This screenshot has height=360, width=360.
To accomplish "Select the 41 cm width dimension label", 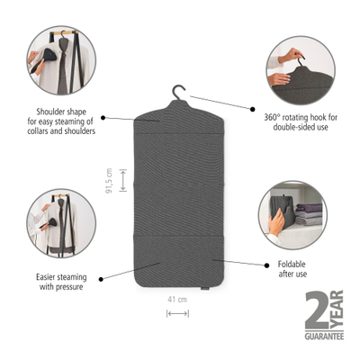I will pyautogui.click(x=177, y=299).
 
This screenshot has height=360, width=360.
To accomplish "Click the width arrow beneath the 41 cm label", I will pyautogui.click(x=177, y=312).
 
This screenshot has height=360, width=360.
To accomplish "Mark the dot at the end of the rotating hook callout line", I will pyautogui.click(x=191, y=98).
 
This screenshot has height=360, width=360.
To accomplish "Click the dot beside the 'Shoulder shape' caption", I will pyautogui.click(x=103, y=117).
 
